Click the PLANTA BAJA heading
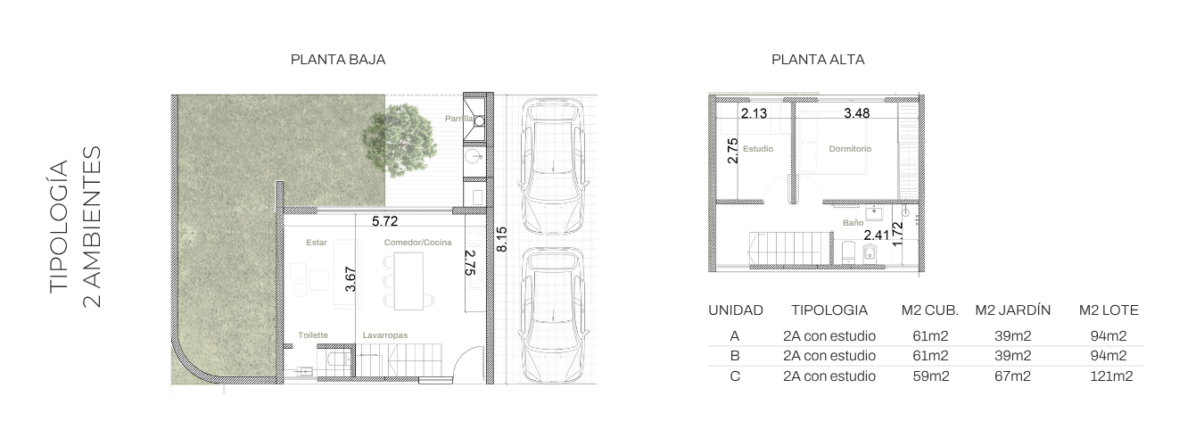[338, 60]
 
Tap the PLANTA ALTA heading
[818, 60]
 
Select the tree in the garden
[399, 141]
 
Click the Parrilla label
[459, 119]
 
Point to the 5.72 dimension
[385, 221]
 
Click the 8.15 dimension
[501, 239]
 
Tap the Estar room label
[317, 243]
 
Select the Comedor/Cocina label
[417, 243]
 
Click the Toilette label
[313, 335]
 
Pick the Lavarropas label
[385, 335]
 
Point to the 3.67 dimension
[350, 279]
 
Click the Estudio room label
[758, 149]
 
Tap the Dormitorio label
[850, 149]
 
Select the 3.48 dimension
[857, 113]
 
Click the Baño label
[853, 222]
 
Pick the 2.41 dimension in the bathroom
[877, 235]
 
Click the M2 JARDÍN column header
[1012, 310]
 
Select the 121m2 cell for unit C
[1111, 376]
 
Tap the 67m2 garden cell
[1012, 376]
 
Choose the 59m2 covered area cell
[931, 376]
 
